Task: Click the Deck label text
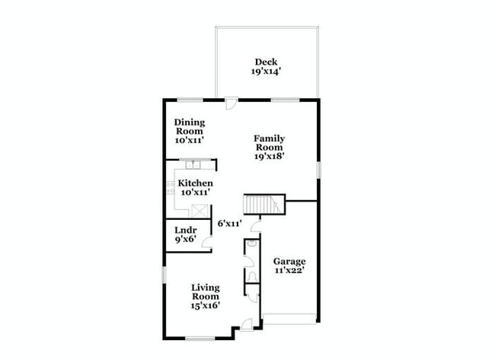(x=265, y=62)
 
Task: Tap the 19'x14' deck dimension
(x=265, y=72)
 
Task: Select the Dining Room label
(x=190, y=126)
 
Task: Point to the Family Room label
(x=270, y=143)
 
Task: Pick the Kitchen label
(x=195, y=183)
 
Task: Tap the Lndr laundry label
(x=186, y=231)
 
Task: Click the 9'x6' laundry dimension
(x=186, y=240)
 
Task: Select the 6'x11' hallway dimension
(x=229, y=224)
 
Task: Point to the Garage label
(x=289, y=261)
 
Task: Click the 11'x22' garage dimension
(x=289, y=270)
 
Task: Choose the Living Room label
(x=205, y=292)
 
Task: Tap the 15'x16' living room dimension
(x=205, y=305)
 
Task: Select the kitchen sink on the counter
(x=192, y=164)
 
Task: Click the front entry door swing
(x=246, y=326)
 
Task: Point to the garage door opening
(x=289, y=316)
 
